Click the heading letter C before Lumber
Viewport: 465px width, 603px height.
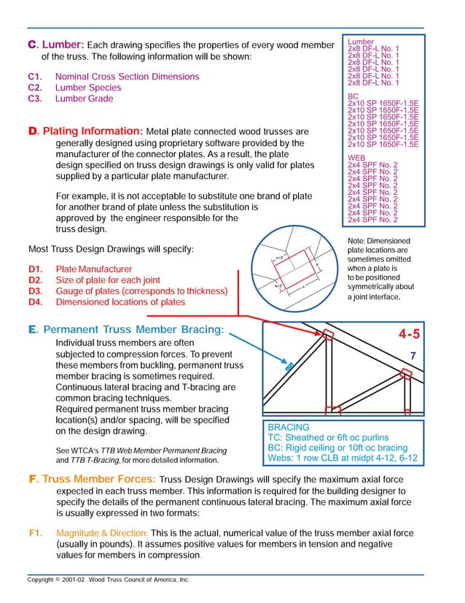tap(31, 45)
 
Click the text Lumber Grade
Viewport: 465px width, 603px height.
tap(85, 99)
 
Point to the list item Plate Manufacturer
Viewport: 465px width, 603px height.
tap(94, 269)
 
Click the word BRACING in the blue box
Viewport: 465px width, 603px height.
tap(289, 427)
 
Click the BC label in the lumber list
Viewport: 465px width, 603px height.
tap(353, 96)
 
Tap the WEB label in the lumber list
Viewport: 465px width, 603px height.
tap(357, 157)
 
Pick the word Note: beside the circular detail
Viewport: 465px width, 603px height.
tap(358, 241)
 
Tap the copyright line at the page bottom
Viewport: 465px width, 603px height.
tap(109, 579)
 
